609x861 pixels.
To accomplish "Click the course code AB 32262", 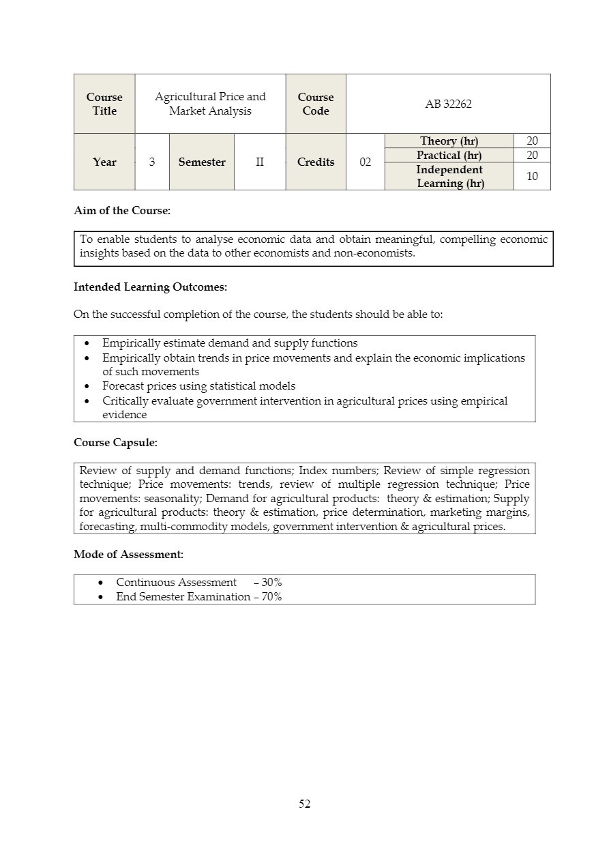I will (x=448, y=104).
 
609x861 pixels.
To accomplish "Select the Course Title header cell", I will (x=104, y=104).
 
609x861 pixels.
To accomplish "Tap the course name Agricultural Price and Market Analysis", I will (x=210, y=104).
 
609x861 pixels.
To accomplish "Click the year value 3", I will (x=151, y=162).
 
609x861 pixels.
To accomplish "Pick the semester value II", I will (x=260, y=162).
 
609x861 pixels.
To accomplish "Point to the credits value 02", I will (x=365, y=162).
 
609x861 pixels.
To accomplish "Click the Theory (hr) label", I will (x=449, y=141).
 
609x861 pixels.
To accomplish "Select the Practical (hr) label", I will (x=449, y=155).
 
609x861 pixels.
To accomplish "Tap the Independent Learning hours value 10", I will (x=532, y=176).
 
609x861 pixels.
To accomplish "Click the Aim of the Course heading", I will (x=122, y=211).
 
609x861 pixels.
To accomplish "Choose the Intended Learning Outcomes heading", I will (x=150, y=287).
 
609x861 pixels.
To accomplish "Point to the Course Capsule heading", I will (x=115, y=443).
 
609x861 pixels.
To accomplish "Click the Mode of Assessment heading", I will (x=128, y=555).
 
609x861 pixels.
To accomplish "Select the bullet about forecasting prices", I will (x=198, y=386).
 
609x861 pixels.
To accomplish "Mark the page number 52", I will (x=304, y=804).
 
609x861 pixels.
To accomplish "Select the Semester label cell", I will (x=201, y=162).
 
